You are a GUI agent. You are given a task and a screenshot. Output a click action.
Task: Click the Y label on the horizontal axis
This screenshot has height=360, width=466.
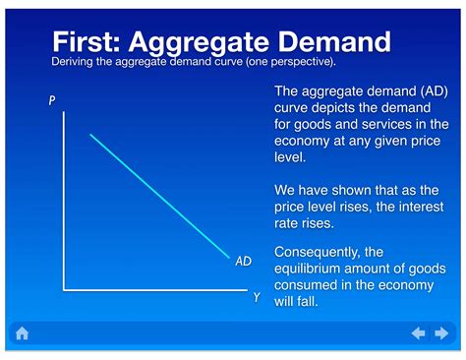tap(257, 297)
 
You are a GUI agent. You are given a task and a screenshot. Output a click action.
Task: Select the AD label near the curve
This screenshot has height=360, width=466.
tap(244, 262)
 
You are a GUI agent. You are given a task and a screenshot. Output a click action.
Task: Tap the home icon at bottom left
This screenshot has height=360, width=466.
tap(22, 333)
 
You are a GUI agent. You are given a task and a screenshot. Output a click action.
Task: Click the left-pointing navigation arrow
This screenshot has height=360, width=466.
tap(418, 333)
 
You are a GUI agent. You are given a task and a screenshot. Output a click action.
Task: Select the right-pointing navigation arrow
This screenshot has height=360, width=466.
tap(442, 333)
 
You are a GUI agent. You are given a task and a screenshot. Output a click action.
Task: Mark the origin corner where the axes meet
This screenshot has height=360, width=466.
tap(65, 290)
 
